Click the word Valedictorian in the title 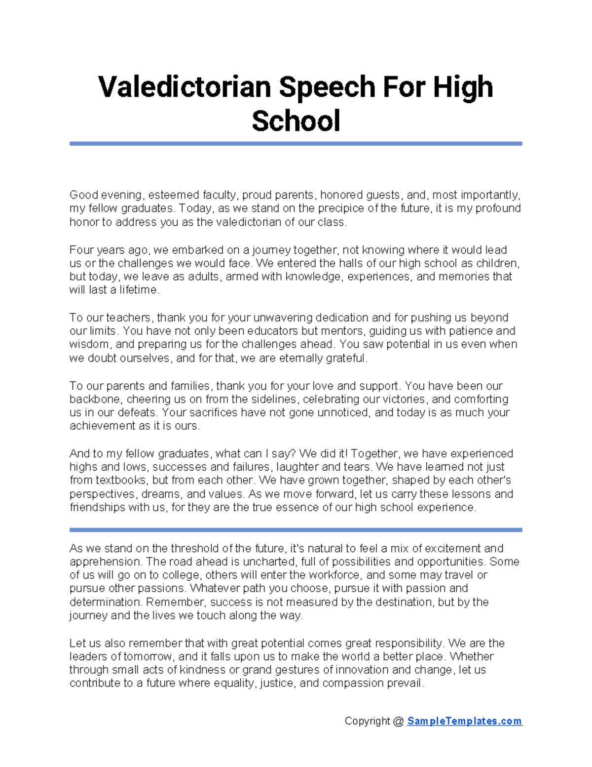pos(185,87)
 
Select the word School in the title pos(296,121)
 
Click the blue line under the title pos(296,144)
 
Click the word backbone pos(96,399)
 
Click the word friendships pos(97,507)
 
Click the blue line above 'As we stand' pos(296,530)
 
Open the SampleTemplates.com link pos(464,721)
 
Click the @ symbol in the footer pos(398,721)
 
